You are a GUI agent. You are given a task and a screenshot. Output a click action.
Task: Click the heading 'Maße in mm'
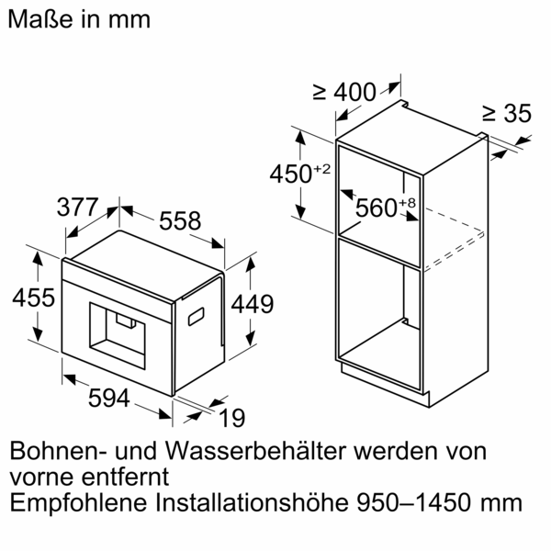(79, 18)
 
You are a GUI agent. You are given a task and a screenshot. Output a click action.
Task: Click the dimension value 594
(96, 399)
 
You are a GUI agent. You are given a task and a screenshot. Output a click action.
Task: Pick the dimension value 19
(232, 419)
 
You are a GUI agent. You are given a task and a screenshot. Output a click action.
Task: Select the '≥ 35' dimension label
(507, 114)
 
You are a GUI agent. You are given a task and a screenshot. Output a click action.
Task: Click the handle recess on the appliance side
(197, 316)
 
